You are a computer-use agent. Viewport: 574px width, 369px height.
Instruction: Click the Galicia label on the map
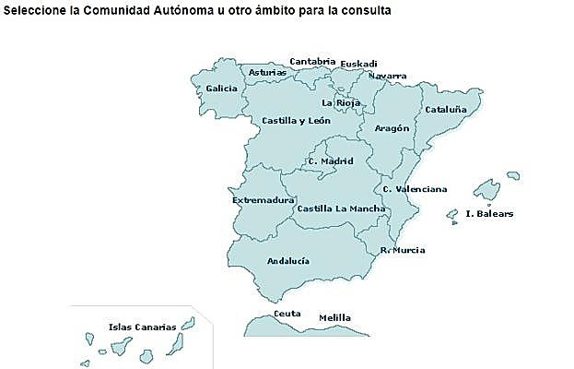click(221, 89)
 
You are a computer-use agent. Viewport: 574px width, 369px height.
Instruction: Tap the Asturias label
click(267, 72)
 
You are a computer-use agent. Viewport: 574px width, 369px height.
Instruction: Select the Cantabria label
click(312, 62)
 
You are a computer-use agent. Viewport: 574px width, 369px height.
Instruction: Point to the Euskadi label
click(358, 64)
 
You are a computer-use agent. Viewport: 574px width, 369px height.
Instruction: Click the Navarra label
click(388, 76)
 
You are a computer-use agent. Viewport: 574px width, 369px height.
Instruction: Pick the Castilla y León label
click(296, 120)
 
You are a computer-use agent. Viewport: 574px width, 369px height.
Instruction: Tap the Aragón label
click(392, 128)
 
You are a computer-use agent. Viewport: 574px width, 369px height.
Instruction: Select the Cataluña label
click(445, 110)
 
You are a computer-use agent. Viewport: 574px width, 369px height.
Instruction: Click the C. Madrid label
click(331, 161)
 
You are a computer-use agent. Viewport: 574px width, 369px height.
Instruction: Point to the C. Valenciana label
click(415, 189)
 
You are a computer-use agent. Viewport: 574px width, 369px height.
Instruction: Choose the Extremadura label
click(263, 199)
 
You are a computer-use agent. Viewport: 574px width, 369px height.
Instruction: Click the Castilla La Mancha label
click(341, 208)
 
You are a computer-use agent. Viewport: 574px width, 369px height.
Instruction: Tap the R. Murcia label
click(403, 250)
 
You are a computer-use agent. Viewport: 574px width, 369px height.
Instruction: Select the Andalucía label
click(287, 261)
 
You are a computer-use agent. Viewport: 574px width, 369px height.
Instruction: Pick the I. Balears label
click(489, 214)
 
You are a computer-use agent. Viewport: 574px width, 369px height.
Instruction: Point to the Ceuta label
click(287, 314)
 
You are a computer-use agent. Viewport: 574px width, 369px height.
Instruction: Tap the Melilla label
click(334, 318)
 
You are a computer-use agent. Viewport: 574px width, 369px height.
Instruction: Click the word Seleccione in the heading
click(33, 12)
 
